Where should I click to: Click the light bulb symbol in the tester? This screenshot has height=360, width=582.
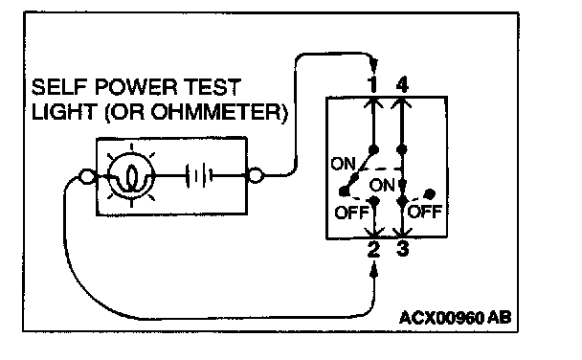coord(131,175)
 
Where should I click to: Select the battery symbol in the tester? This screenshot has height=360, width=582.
coord(199,175)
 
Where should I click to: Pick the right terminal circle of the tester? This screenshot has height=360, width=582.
coord(256,175)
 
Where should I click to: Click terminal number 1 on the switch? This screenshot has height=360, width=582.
coord(373,84)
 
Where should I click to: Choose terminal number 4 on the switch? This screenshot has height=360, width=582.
coord(402,84)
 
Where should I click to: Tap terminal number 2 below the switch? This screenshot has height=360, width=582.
coord(373,249)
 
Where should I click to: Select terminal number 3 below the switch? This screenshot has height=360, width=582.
coord(403,249)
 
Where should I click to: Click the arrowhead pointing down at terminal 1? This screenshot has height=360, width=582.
coord(373,67)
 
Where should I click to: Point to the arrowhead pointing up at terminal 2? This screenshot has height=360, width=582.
coord(374,269)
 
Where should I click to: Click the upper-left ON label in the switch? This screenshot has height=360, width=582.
coord(343,164)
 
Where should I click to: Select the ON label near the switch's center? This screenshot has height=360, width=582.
coord(382,185)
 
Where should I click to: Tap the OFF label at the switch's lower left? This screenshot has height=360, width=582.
coord(351,213)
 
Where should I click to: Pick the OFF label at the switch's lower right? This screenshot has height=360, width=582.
coord(425,212)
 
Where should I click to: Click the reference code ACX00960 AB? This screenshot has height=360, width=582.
coord(455,318)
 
